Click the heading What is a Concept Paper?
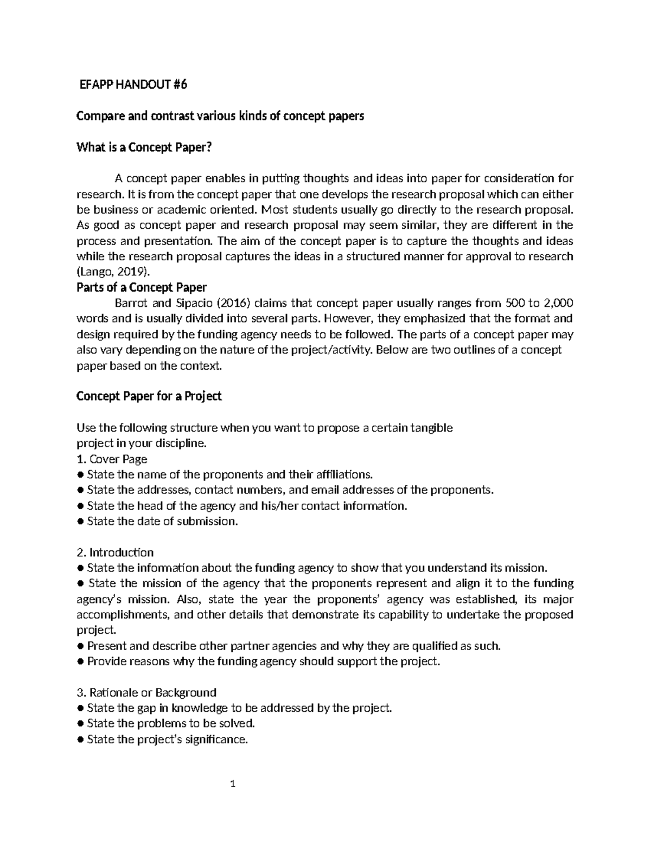click(x=143, y=147)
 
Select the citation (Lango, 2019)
click(x=111, y=272)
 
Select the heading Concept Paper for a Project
click(x=149, y=396)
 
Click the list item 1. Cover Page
click(x=112, y=459)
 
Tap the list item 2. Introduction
click(x=115, y=552)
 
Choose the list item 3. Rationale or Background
click(x=146, y=692)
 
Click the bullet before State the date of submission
click(x=80, y=522)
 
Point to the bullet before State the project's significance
click(x=80, y=740)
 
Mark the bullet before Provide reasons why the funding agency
click(x=80, y=661)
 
